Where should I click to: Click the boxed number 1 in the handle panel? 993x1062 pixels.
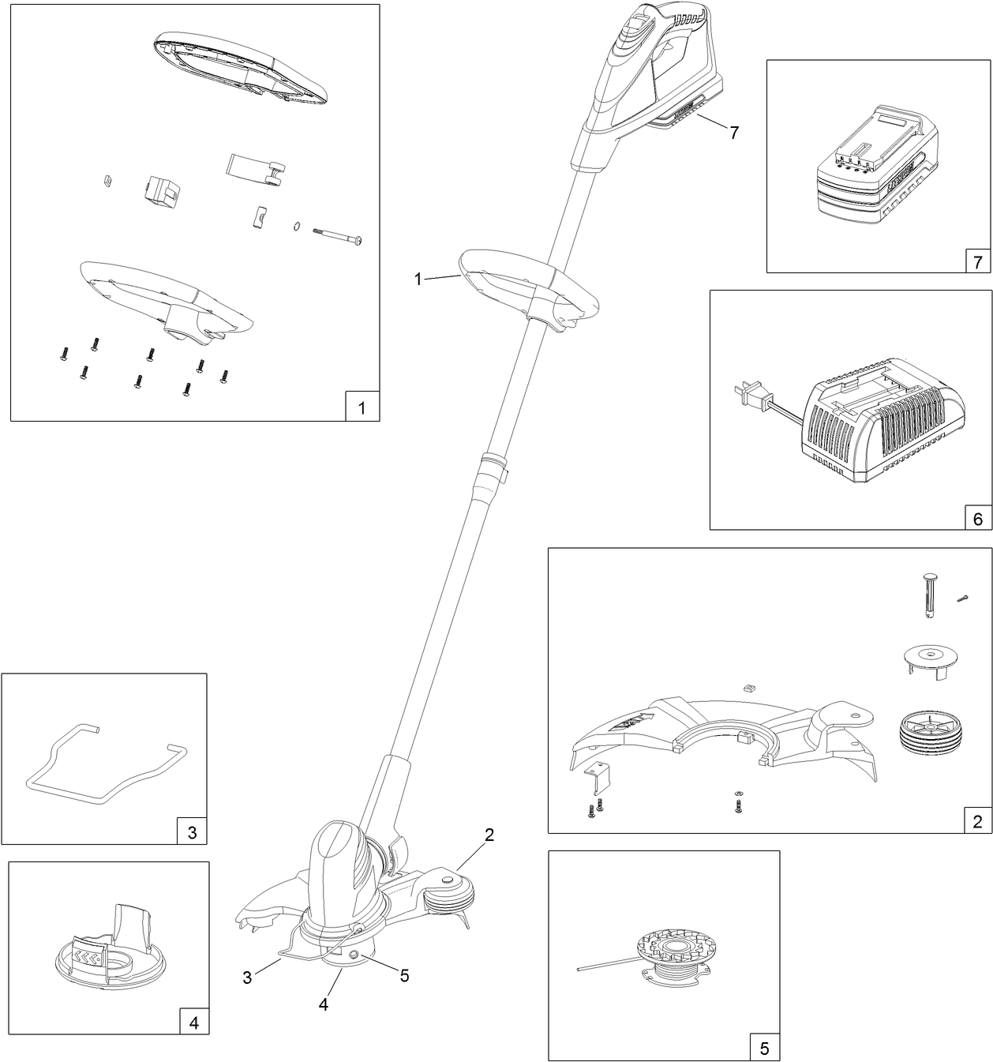[x=362, y=408]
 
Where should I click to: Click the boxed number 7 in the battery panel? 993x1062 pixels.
[x=977, y=262]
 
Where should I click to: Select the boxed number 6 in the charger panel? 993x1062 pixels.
[x=977, y=519]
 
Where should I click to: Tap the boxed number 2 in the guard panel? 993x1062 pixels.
[x=977, y=822]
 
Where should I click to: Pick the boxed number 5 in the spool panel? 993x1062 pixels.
[x=764, y=1049]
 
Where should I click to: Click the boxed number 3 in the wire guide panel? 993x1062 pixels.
[x=192, y=831]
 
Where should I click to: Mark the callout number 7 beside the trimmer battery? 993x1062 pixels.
[x=734, y=133]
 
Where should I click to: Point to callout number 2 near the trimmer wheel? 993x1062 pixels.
[x=489, y=835]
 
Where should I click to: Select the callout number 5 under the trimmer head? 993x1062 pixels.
[x=404, y=976]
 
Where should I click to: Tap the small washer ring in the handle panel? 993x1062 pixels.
[x=294, y=227]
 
